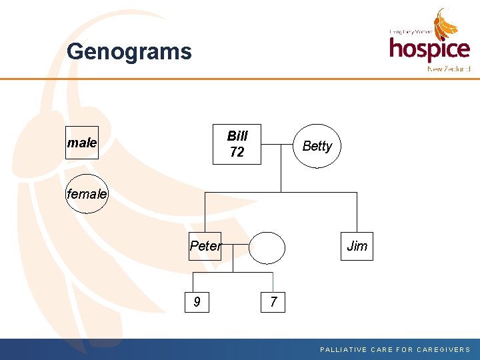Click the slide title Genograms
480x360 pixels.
pos(129,52)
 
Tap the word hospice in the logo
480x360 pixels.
pos(429,49)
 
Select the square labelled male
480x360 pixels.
pos(82,143)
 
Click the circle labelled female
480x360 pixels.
pos(87,194)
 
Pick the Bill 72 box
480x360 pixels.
pos(237,144)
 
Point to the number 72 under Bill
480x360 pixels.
pos(237,153)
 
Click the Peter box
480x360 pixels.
pos(205,246)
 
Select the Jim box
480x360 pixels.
pos(357,246)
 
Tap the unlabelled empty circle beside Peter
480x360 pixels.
pos(267,247)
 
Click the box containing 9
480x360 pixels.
pos(197,302)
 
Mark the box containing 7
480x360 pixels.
pos(273,302)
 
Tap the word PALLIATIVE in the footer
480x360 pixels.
pos(345,349)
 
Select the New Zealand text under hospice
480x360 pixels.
pos(449,69)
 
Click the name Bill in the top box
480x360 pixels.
pos(237,136)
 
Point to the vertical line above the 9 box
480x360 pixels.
pos(197,282)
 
